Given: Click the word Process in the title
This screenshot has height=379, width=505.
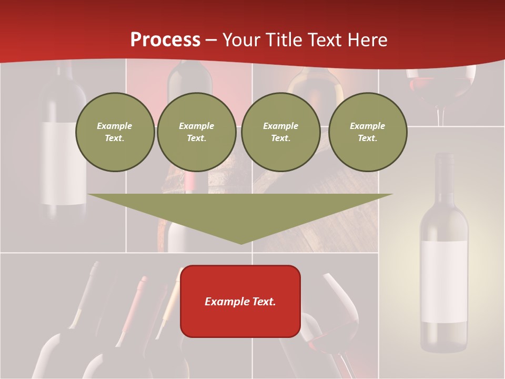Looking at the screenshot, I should (165, 40).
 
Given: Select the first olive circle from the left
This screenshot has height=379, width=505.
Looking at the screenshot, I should (115, 132).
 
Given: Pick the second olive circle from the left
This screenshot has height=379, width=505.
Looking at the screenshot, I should (196, 132).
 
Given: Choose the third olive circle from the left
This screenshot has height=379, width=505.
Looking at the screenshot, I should (280, 132).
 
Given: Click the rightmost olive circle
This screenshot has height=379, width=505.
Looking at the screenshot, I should (367, 132).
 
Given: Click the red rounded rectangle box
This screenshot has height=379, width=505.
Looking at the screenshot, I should (240, 321).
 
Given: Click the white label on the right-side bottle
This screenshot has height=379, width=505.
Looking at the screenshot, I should (443, 282).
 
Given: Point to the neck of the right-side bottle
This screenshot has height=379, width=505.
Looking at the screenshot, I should (444, 174).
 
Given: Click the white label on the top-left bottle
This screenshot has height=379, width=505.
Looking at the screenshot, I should (64, 163).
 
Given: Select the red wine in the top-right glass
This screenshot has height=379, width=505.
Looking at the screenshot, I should (440, 85).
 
